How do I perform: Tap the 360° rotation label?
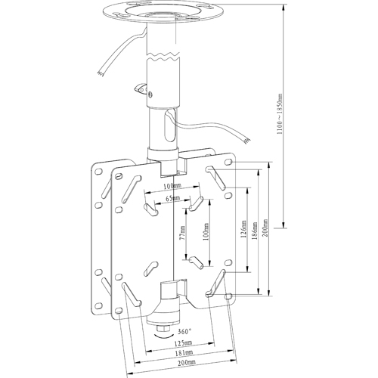pos(185,332)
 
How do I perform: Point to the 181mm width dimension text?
pos(184,352)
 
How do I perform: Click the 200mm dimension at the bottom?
pos(187,363)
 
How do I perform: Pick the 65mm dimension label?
pos(173,198)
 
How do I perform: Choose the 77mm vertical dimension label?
pos(182,232)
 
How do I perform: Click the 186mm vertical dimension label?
pos(255,231)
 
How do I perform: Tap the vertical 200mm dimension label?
pos(265,228)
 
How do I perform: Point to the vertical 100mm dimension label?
pos(206,231)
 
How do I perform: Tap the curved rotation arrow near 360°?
pos(164,336)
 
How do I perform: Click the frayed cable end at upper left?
pos(101,73)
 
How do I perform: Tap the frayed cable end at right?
pos(247,141)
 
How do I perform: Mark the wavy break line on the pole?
pos(163,57)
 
